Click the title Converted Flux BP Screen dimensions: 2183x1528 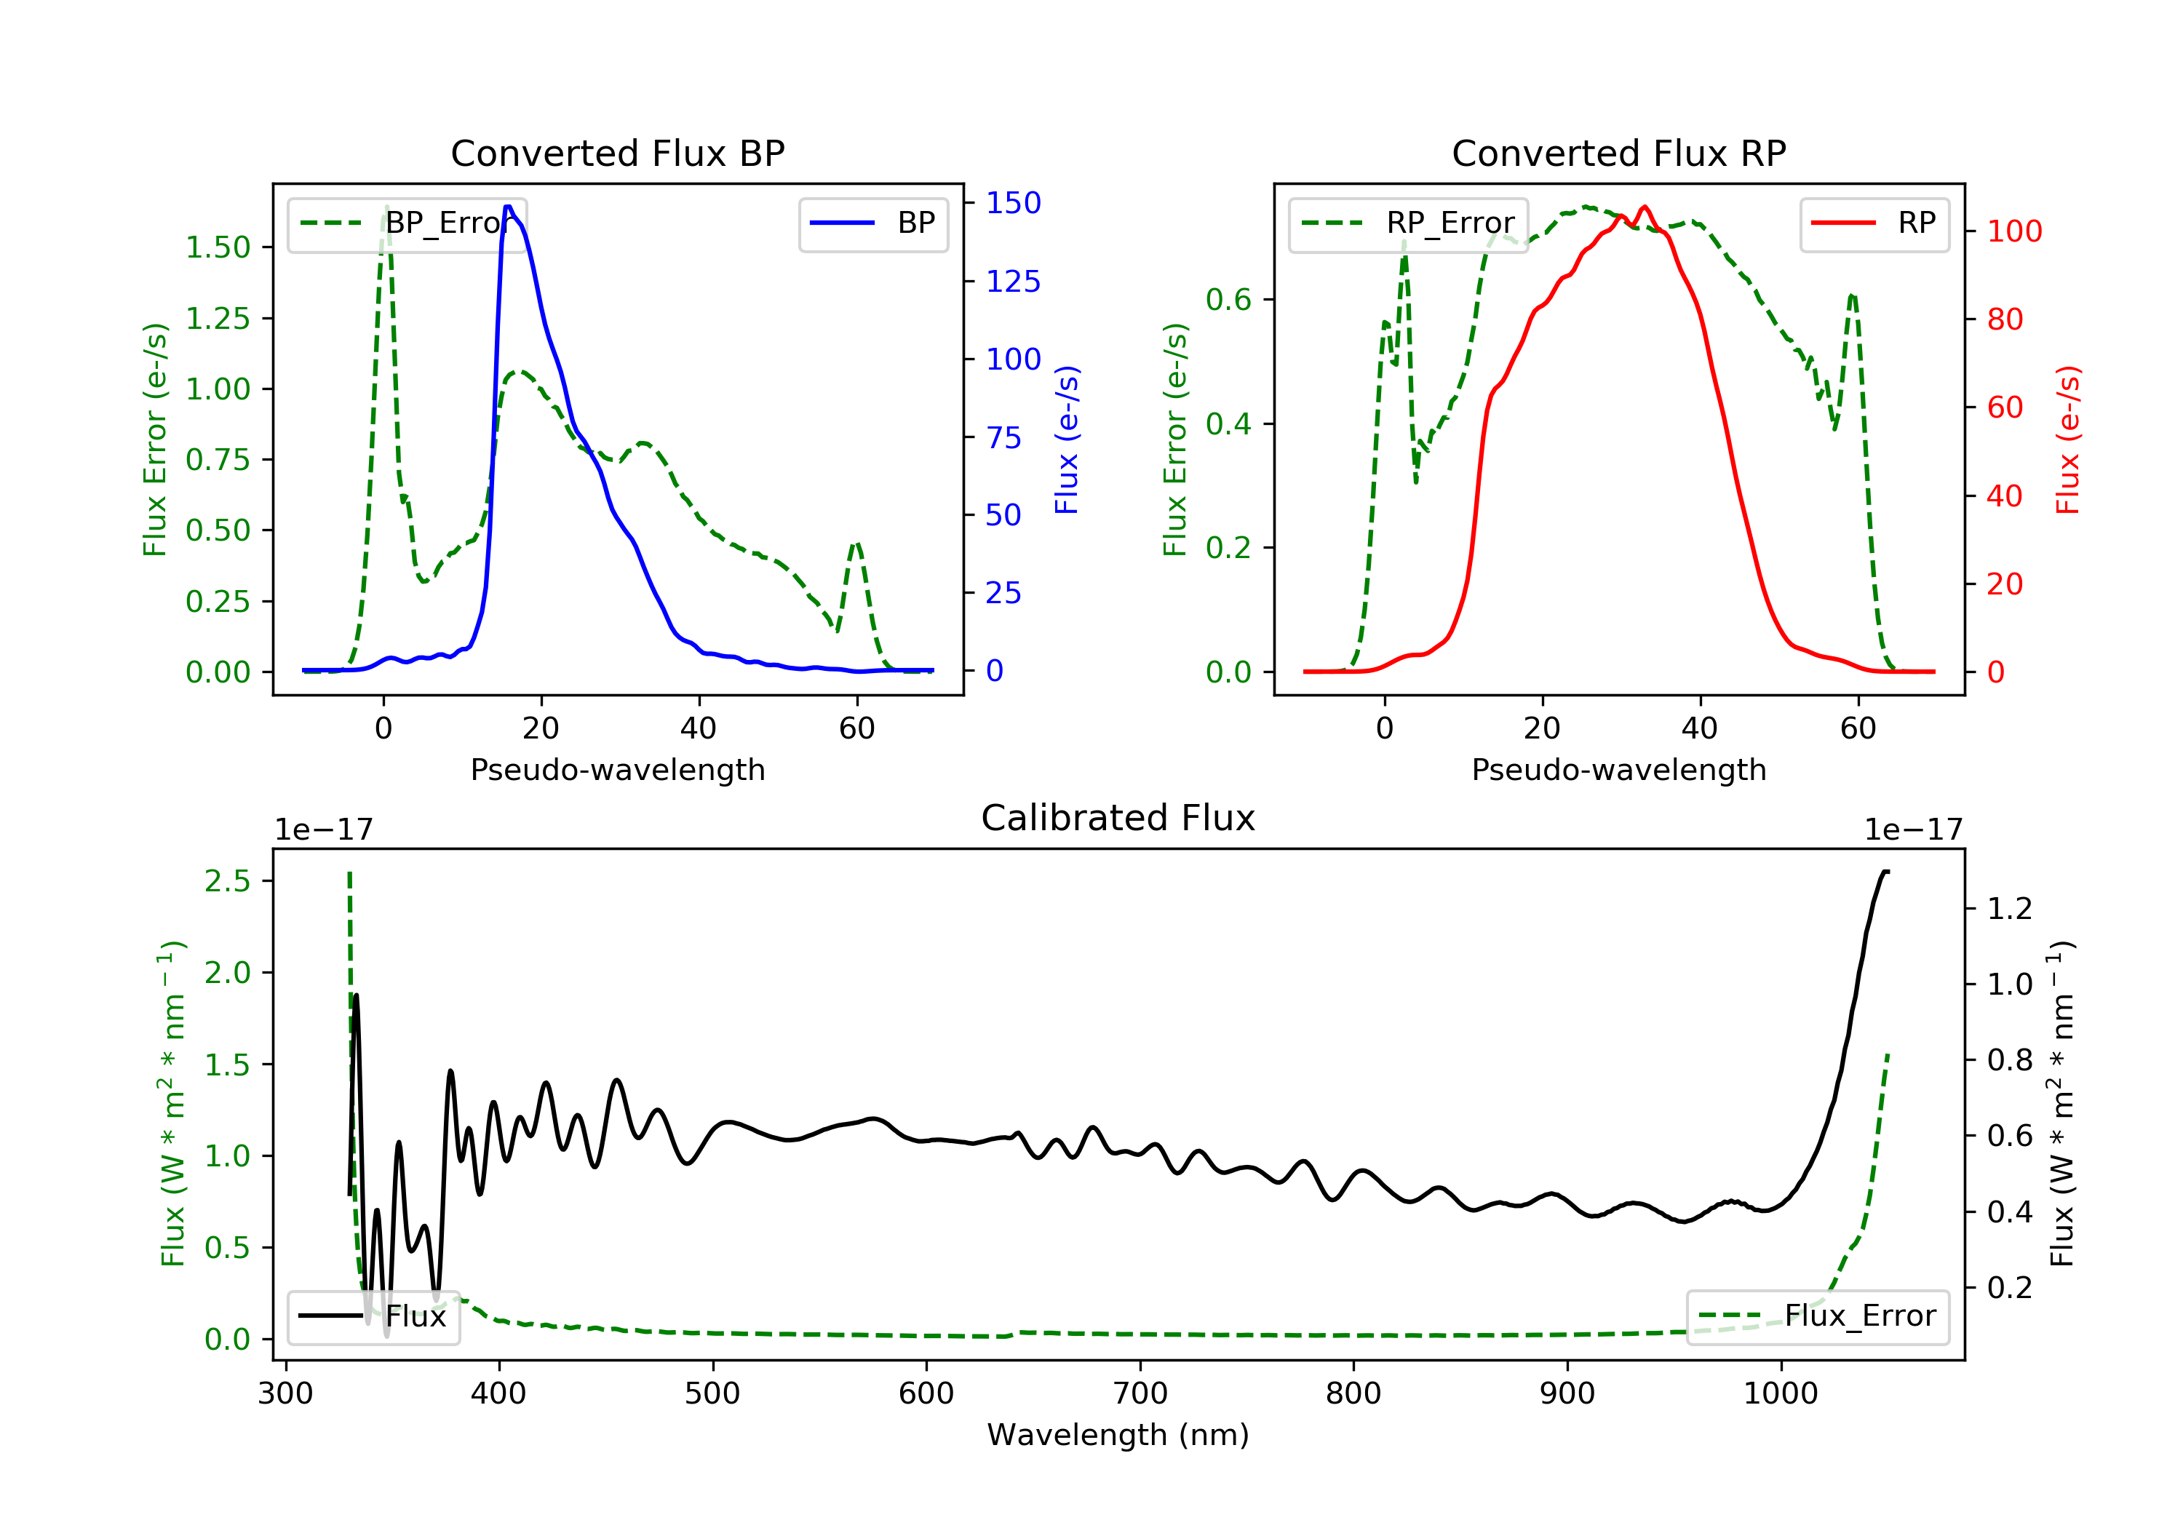tap(618, 153)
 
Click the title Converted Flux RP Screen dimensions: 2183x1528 tap(1619, 153)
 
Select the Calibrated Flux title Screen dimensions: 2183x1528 tap(1118, 818)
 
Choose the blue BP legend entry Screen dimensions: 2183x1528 tap(872, 223)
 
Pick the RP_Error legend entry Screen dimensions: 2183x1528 tap(1408, 223)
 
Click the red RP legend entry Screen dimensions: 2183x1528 tap(1874, 223)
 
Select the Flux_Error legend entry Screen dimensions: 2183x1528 tap(1817, 1316)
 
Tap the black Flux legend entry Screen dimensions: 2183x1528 tap(373, 1316)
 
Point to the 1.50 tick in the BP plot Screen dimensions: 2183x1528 tap(218, 247)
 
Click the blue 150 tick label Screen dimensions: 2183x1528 tap(1014, 202)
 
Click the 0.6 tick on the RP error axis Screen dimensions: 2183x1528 tap(1228, 300)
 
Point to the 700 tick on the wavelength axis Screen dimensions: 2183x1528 tap(1140, 1394)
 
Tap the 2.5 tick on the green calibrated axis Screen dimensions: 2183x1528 tap(227, 881)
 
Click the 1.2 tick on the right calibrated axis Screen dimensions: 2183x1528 tap(2010, 909)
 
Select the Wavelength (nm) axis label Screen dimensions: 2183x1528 tap(1118, 1435)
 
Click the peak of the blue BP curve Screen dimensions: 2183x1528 tap(509, 207)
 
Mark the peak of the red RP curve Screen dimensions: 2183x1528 tap(1645, 207)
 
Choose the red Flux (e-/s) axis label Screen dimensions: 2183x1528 tap(2068, 440)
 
